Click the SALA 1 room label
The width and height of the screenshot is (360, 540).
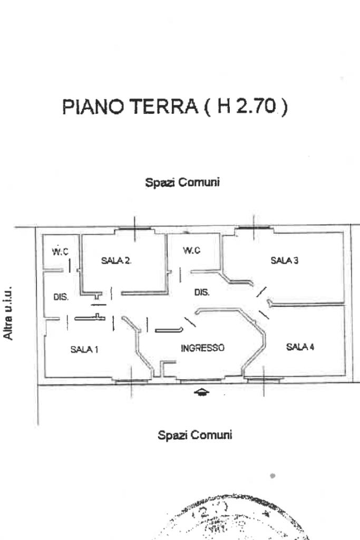pos(84,349)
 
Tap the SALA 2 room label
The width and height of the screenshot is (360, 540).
pos(116,260)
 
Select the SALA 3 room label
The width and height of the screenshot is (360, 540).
pos(285,260)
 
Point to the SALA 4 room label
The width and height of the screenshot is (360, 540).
pos(300,346)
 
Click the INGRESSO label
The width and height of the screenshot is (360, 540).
pos(203,348)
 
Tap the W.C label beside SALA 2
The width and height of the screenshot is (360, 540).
pos(60,252)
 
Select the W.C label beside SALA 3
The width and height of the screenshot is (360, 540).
pos(192,250)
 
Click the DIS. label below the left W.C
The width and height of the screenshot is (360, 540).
pos(61,297)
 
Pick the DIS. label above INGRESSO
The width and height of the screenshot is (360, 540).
pos(202,292)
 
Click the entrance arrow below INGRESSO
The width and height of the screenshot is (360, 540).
pos(202,392)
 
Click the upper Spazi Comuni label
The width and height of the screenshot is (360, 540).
pos(182,182)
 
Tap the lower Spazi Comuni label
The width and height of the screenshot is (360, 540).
pos(195,435)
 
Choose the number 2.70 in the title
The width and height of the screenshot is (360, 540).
pos(255,107)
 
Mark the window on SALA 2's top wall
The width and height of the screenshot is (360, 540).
pos(134,228)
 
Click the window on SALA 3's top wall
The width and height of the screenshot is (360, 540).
pos(254,228)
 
